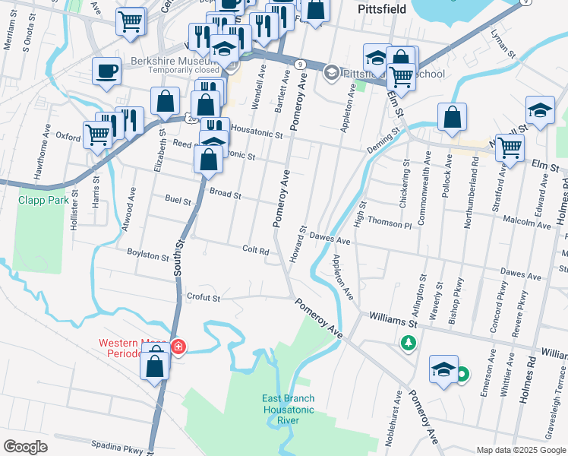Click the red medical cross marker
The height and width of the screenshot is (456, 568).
click(x=178, y=347)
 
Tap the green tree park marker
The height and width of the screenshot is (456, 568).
click(x=409, y=344)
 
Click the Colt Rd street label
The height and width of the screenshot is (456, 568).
click(x=256, y=250)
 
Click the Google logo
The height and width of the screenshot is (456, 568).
click(x=25, y=447)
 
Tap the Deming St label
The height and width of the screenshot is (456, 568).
click(x=384, y=138)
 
